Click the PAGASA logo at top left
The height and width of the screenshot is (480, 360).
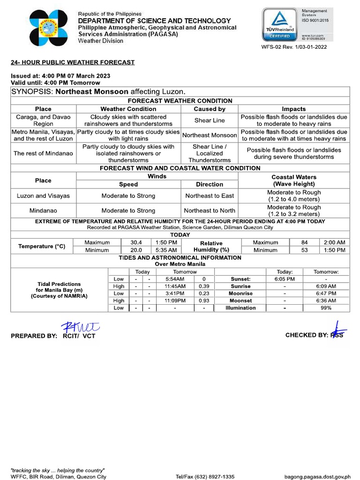tap(49, 28)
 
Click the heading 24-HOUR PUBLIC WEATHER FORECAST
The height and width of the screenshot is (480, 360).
tap(73, 62)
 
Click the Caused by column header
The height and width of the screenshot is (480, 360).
tap(210, 109)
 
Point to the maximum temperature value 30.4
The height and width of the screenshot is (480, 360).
tap(136, 242)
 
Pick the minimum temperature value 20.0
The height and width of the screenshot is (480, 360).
tap(136, 250)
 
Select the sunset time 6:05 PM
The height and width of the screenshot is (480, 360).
tap(285, 279)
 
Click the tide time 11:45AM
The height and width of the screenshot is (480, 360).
tap(175, 286)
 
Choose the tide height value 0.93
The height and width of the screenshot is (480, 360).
tap(204, 300)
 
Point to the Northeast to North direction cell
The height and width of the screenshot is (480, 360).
tap(210, 210)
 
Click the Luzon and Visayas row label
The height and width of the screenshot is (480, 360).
tap(43, 195)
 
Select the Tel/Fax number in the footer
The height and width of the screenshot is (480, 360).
tap(205, 477)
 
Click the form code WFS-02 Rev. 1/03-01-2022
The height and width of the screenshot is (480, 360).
tap(294, 47)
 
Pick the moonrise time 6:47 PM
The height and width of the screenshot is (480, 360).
tap(326, 293)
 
